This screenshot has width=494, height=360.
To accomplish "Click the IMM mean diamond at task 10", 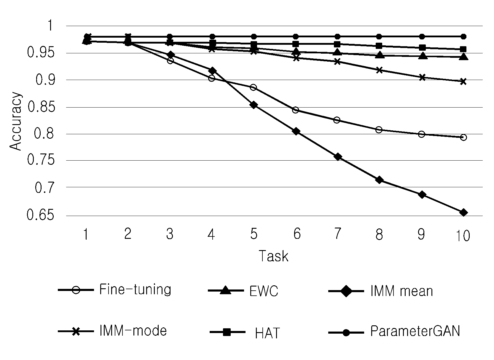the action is (463, 213).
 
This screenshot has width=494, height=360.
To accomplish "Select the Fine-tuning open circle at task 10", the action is (463, 137).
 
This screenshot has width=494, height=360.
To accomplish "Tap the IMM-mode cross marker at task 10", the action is (463, 81).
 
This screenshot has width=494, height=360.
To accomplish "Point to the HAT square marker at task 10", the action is (463, 49).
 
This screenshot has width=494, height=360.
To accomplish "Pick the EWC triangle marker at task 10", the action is (463, 57).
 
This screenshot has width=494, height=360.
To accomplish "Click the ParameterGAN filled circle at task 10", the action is (463, 36).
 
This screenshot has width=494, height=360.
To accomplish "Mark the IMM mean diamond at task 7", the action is (338, 157).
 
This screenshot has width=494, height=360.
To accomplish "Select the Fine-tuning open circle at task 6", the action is (296, 110).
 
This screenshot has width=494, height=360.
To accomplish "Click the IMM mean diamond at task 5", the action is (254, 105).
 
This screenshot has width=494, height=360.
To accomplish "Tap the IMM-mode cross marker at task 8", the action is (379, 70).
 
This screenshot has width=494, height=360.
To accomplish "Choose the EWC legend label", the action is (264, 291).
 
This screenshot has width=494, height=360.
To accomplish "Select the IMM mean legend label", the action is (401, 291).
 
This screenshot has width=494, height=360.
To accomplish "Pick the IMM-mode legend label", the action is (133, 331).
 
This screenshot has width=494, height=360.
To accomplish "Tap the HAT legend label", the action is (267, 333).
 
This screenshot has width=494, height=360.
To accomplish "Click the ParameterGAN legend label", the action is (415, 331).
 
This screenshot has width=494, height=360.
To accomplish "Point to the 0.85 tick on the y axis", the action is (41, 107).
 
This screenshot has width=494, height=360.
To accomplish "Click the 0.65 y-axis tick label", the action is (40, 215).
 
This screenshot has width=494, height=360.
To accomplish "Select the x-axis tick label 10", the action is (463, 236).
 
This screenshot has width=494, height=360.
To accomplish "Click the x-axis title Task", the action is (273, 256).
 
